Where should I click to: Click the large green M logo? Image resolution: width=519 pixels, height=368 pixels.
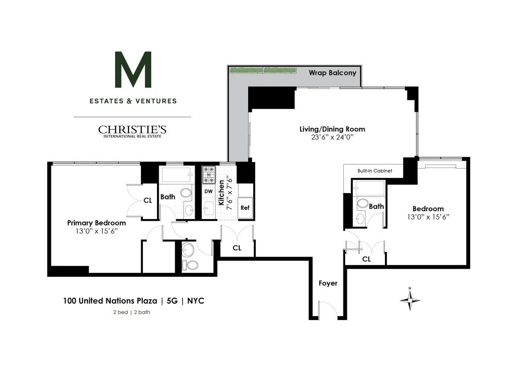tap(133, 70)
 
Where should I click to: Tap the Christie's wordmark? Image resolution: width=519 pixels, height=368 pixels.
tap(132, 129)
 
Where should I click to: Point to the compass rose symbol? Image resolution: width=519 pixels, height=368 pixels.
tap(410, 299)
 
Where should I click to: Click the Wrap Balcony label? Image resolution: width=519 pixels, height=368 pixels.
tap(332, 73)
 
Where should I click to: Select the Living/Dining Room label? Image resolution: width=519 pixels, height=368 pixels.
tap(332, 129)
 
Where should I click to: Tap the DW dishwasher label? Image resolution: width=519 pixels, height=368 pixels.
tap(208, 191)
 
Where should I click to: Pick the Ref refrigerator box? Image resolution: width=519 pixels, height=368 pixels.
tap(245, 208)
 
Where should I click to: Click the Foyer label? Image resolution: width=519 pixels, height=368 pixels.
tap(328, 283)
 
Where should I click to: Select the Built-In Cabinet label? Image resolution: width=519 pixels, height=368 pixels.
tap(375, 171)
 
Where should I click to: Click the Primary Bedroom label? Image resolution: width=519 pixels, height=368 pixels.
tap(96, 223)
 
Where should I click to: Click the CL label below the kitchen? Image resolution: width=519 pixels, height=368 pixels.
tap(237, 248)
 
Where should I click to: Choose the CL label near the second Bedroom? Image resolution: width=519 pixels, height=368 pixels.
tap(366, 259)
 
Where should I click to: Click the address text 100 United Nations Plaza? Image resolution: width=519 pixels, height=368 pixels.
tap(110, 301)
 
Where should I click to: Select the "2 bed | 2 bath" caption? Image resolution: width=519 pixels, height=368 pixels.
tap(131, 312)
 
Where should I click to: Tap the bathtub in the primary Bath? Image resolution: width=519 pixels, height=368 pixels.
tap(176, 175)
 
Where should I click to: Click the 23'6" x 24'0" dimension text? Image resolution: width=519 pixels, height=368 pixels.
tap(332, 137)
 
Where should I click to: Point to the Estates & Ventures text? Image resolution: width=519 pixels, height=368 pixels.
tap(133, 101)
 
